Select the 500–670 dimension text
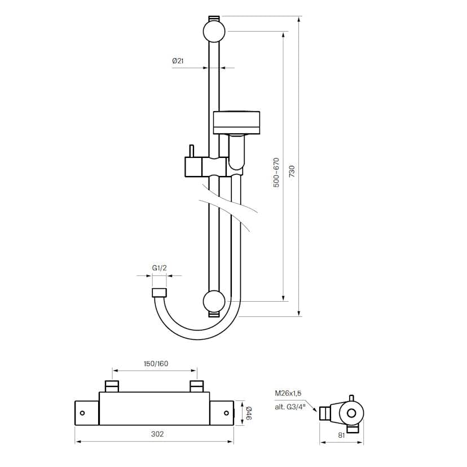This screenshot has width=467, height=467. [x=276, y=173]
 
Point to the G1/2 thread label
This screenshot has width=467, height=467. [x=159, y=268]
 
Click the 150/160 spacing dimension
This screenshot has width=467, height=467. [x=155, y=363]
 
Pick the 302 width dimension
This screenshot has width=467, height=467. [x=157, y=434]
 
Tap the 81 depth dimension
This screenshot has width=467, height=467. [x=341, y=434]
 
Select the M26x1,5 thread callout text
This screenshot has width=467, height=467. [x=288, y=393]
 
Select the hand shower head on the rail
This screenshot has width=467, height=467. [x=237, y=122]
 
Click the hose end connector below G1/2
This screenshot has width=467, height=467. [x=159, y=292]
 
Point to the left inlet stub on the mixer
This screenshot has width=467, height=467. [x=112, y=386]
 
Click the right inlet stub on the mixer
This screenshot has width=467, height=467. [x=196, y=386]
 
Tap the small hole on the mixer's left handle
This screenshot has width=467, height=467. [x=82, y=413]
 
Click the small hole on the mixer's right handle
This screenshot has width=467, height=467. [x=227, y=413]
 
